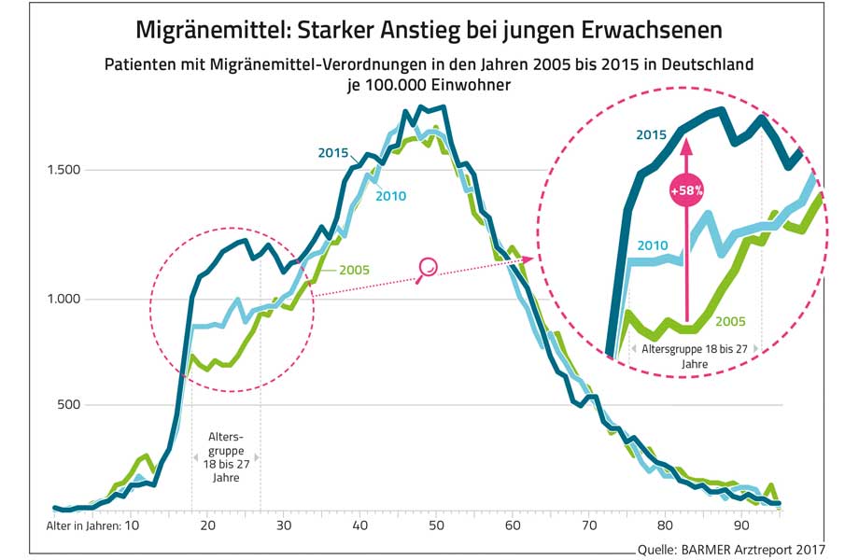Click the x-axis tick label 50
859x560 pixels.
point(436,525)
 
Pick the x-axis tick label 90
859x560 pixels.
point(741,525)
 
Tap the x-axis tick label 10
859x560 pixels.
point(131,525)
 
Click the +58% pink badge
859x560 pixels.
point(686,191)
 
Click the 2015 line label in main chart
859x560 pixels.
point(332,152)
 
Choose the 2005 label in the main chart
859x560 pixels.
point(354,271)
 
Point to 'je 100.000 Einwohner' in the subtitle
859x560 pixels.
point(429,84)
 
